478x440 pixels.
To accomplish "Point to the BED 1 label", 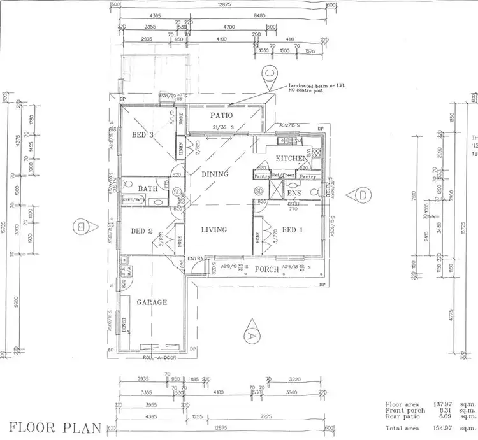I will click(292, 230).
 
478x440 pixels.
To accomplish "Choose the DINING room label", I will click(215, 173).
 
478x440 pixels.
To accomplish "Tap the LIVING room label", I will click(215, 229).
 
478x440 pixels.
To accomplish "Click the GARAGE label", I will click(152, 302).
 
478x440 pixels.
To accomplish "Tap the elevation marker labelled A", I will click(251, 332).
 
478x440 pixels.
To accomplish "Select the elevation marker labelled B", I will click(81, 225).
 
